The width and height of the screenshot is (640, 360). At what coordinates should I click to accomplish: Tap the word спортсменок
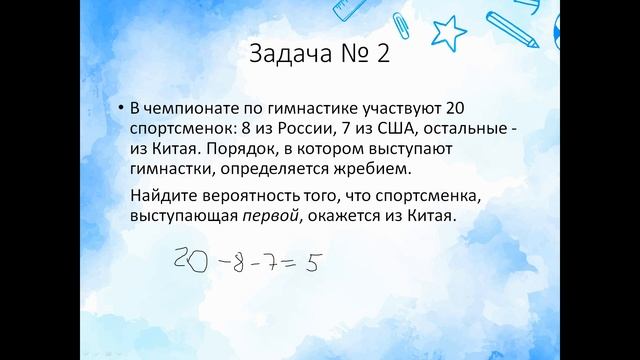179,130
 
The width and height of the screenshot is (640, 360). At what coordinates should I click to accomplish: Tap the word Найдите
160,196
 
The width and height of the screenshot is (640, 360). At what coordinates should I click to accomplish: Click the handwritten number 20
189,263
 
